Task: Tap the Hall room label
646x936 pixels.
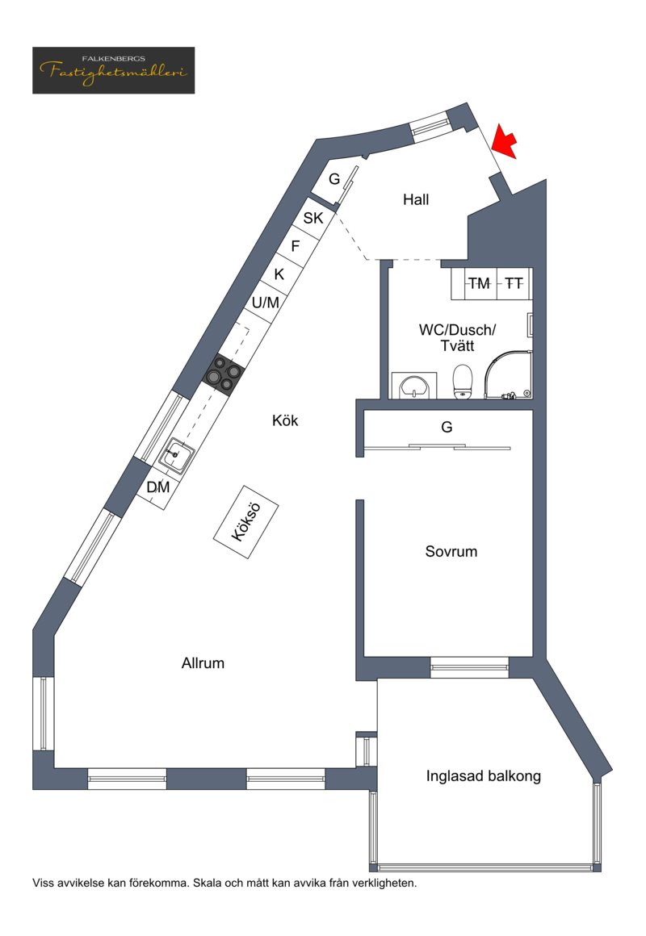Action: pyautogui.click(x=416, y=199)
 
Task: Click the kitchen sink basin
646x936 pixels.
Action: pyautogui.click(x=176, y=455)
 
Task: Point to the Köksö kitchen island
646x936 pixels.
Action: pyautogui.click(x=245, y=522)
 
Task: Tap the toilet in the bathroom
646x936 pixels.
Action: pyautogui.click(x=463, y=382)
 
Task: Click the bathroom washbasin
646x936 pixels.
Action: pyautogui.click(x=414, y=386)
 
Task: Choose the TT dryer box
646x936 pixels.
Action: pyautogui.click(x=514, y=283)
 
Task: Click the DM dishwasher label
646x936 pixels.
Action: pyautogui.click(x=158, y=487)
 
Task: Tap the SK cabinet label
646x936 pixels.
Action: pyautogui.click(x=313, y=218)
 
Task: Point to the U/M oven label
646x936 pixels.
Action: pyautogui.click(x=266, y=303)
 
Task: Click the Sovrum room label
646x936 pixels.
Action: pyautogui.click(x=451, y=552)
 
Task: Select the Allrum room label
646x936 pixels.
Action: pyautogui.click(x=203, y=663)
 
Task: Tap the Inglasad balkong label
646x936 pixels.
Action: pyautogui.click(x=484, y=776)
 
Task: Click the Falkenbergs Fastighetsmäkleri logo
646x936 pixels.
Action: pyautogui.click(x=114, y=70)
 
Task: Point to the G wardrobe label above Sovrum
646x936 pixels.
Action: pyautogui.click(x=447, y=427)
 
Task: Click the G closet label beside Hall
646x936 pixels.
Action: pyautogui.click(x=334, y=178)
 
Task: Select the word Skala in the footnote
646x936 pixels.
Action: pyautogui.click(x=208, y=883)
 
